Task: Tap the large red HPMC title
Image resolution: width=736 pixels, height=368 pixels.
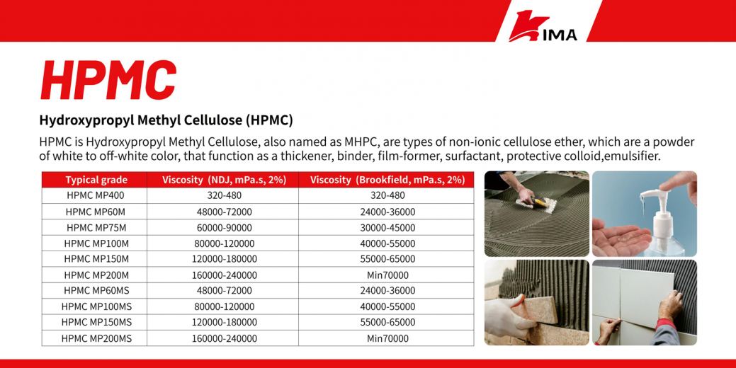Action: (x=108, y=79)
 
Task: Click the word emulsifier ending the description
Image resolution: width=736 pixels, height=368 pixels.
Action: (x=635, y=156)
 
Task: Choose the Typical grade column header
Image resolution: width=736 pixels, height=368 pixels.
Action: (x=96, y=180)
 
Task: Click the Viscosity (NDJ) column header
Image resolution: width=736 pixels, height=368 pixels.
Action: (x=224, y=180)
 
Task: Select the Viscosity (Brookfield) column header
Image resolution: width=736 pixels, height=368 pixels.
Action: (x=387, y=180)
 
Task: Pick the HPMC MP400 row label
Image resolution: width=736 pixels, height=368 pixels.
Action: (x=96, y=195)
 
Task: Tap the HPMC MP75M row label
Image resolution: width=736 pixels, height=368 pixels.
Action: (x=96, y=227)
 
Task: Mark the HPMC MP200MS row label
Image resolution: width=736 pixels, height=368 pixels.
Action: (x=96, y=338)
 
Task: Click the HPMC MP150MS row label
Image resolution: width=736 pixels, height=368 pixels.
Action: (x=96, y=322)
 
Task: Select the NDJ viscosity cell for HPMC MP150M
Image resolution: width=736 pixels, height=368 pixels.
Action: (x=224, y=259)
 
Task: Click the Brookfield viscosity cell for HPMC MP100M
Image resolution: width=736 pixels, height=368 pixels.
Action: (x=387, y=243)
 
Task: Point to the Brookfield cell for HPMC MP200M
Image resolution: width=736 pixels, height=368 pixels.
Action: (x=387, y=275)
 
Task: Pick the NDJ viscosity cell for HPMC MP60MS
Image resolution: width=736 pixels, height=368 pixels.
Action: (x=224, y=290)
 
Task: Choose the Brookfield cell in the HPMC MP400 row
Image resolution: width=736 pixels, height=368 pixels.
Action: (x=387, y=195)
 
